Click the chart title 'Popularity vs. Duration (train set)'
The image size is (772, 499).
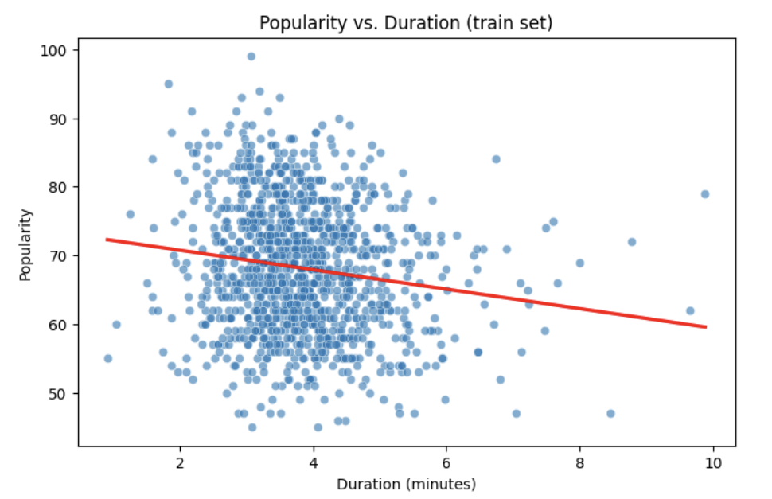(x=406, y=23)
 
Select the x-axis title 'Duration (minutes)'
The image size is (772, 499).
(x=406, y=484)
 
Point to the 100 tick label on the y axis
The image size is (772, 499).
(x=57, y=50)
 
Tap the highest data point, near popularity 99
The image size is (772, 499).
(x=251, y=57)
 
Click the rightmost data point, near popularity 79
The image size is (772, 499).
(x=704, y=194)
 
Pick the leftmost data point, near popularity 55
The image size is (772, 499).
(x=108, y=358)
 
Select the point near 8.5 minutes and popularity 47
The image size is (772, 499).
(x=610, y=414)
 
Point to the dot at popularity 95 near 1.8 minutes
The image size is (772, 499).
(x=169, y=84)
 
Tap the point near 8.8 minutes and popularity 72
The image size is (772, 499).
(x=632, y=242)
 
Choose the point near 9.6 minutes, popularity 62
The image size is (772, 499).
(x=690, y=310)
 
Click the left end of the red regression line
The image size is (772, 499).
(x=107, y=239)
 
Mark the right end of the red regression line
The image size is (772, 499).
(x=706, y=326)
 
